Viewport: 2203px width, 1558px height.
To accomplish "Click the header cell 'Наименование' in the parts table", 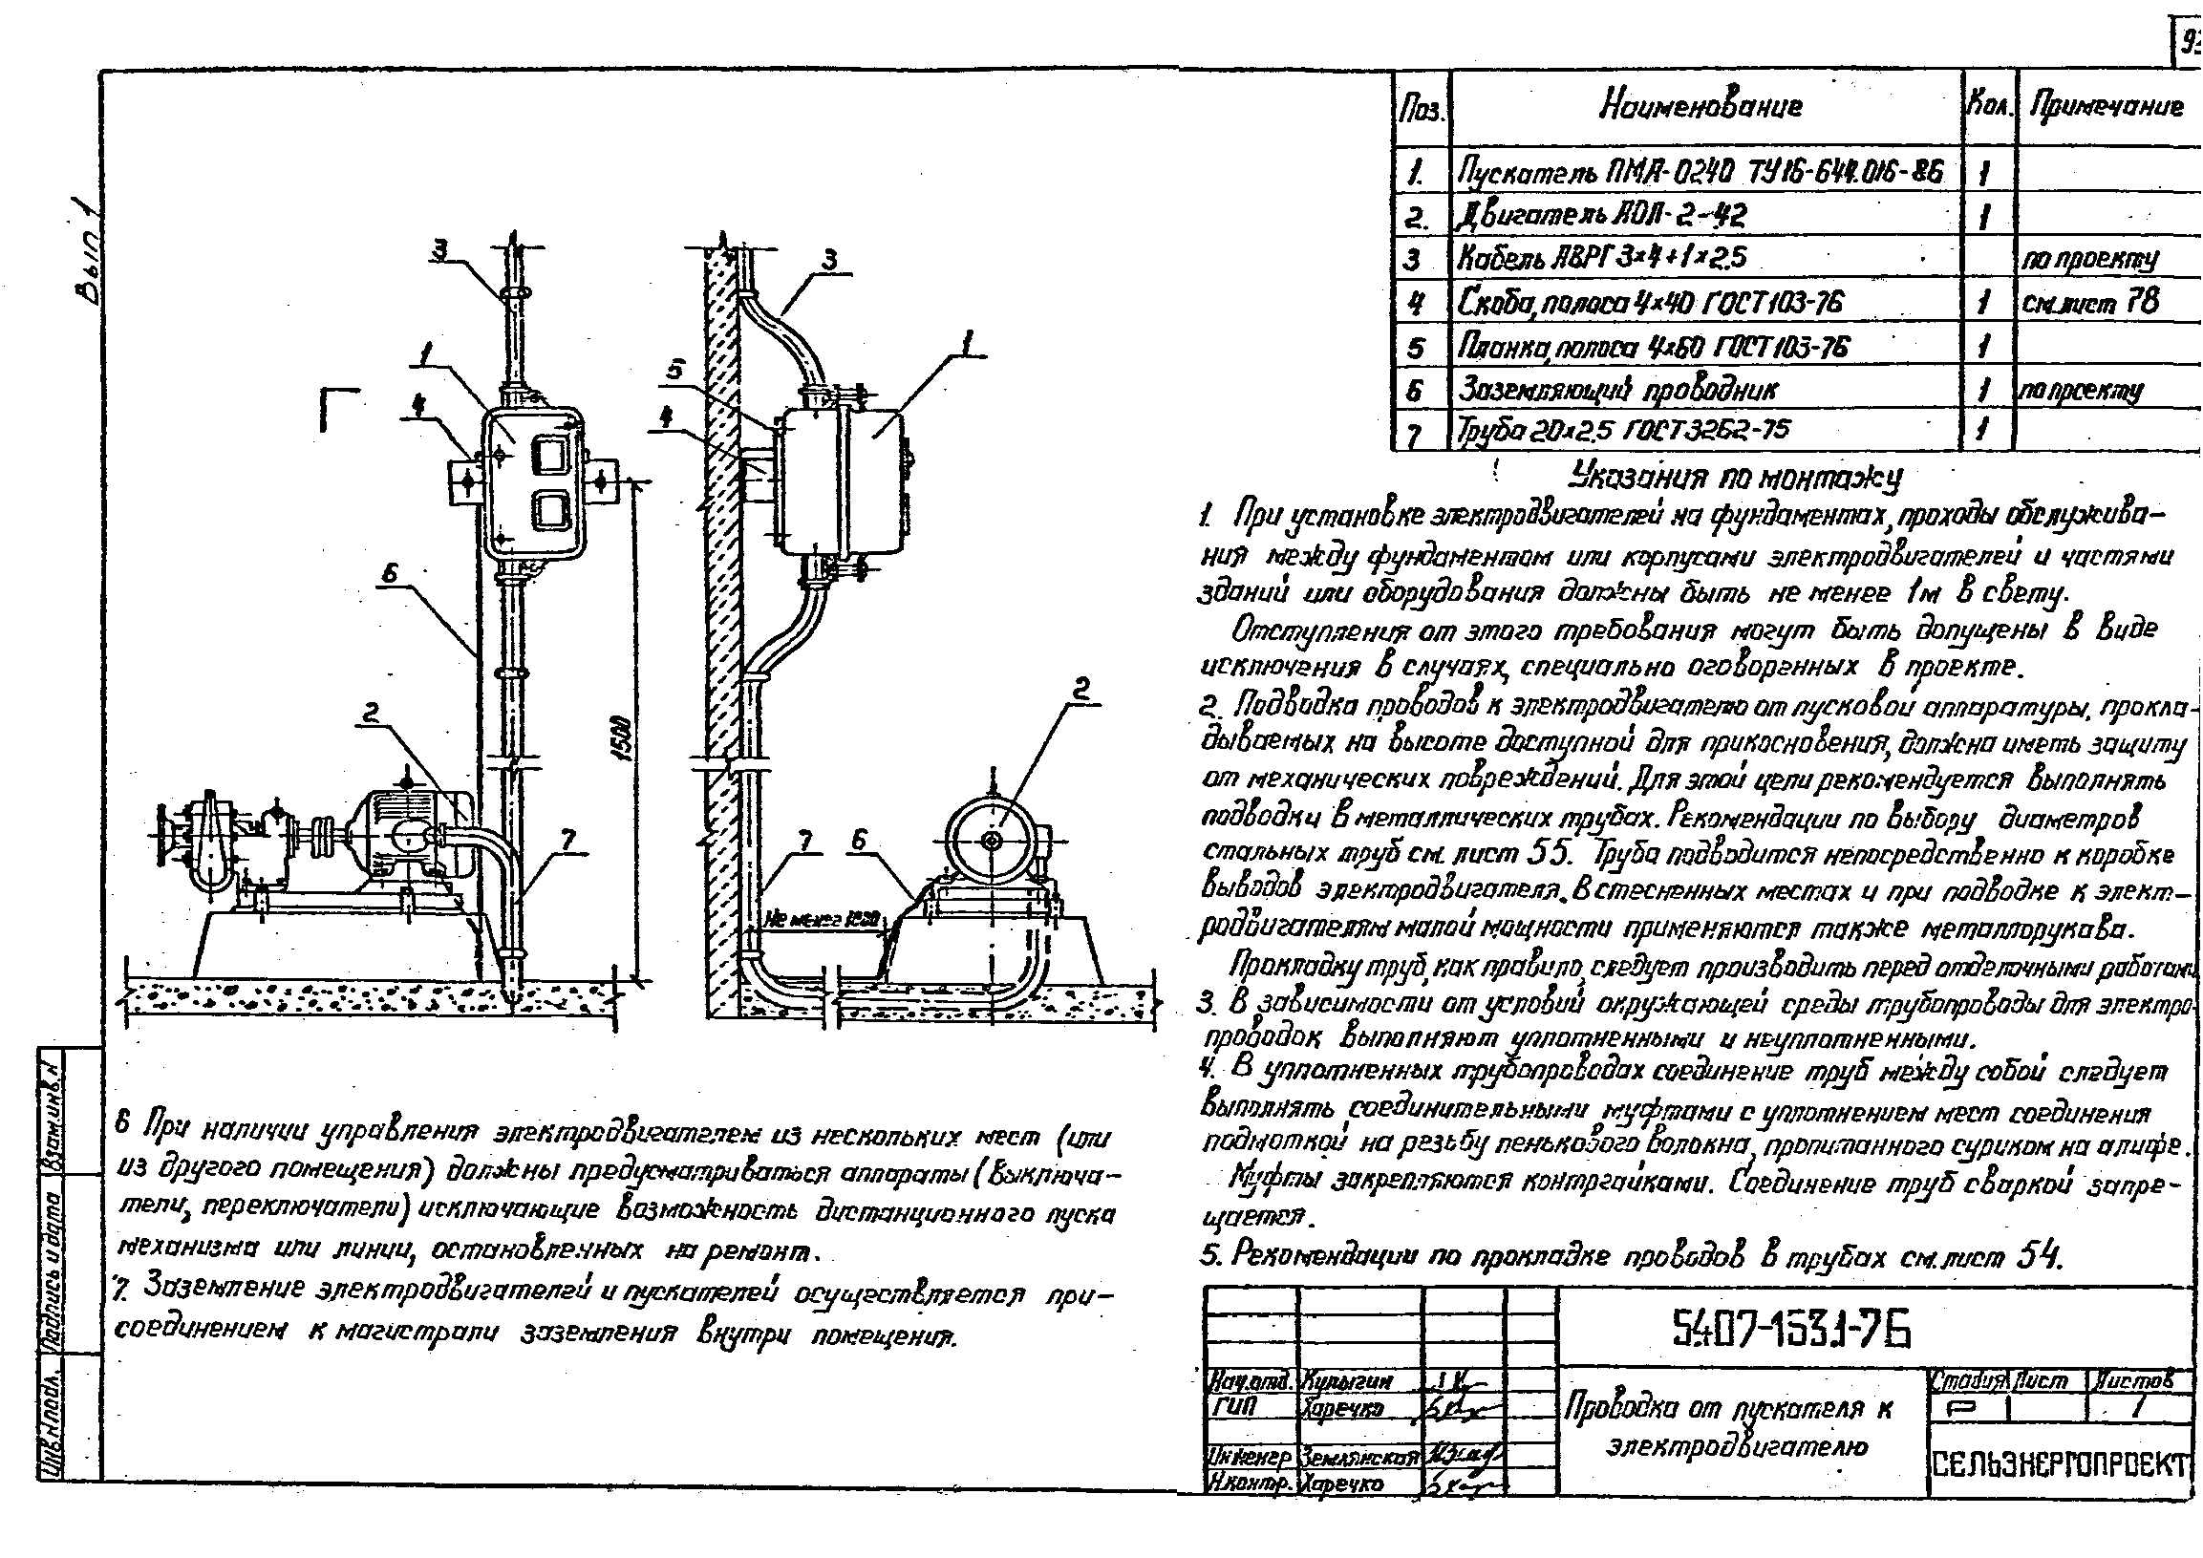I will [1700, 106].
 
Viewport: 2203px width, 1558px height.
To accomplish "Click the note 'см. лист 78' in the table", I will [2089, 303].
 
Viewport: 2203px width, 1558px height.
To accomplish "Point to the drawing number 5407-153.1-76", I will [1791, 1330].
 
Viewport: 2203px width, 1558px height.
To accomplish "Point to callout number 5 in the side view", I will [674, 370].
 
